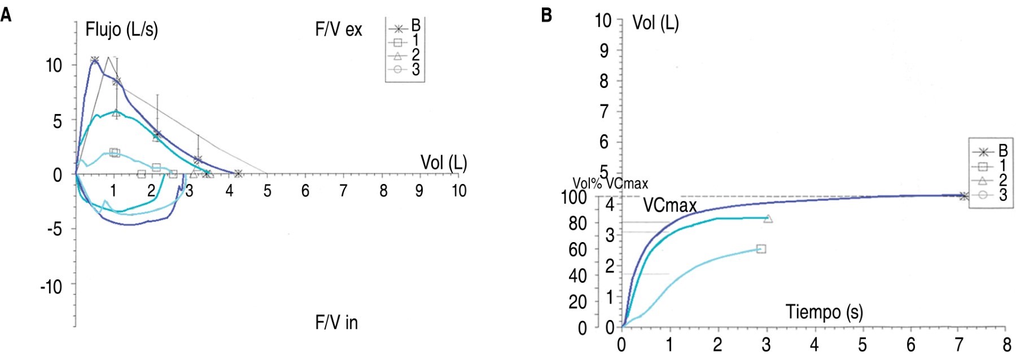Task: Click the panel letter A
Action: click(6, 15)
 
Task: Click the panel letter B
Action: click(546, 15)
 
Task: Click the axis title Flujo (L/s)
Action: click(121, 29)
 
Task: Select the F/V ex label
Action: click(338, 29)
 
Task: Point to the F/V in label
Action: click(336, 323)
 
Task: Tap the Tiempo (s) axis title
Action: click(824, 311)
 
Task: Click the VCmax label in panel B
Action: click(670, 205)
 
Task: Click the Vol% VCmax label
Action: click(610, 183)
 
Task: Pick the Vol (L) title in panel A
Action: click(444, 163)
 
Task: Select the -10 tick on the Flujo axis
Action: click(51, 287)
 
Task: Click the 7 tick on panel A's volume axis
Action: click(343, 191)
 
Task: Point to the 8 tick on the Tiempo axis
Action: click(1007, 344)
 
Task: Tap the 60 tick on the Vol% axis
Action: click(577, 249)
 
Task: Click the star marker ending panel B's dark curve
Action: click(964, 196)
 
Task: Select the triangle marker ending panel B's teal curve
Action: click(768, 218)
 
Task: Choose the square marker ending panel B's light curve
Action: click(761, 249)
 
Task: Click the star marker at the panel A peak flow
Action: click(94, 60)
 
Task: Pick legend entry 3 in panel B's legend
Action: click(990, 195)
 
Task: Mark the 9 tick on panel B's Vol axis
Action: click(604, 51)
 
